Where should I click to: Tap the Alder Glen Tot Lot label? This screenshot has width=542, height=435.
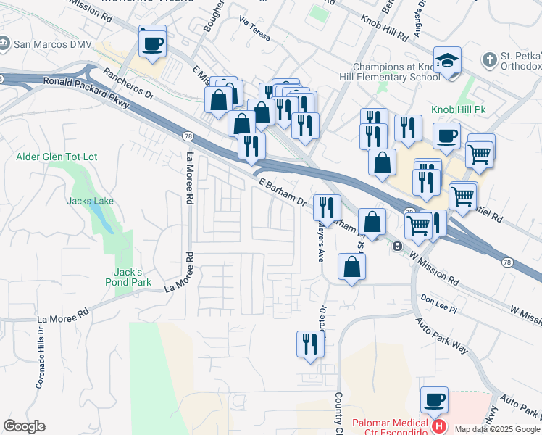(57, 157)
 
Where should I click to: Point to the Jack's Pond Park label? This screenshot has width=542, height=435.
(132, 277)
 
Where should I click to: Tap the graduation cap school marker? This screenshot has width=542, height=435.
(447, 60)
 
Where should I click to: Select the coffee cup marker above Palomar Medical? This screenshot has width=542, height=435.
(435, 399)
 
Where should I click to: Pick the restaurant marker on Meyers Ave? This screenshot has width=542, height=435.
(328, 207)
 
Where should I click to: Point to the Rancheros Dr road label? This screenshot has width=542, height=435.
(129, 84)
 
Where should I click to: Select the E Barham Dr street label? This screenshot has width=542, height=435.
(280, 192)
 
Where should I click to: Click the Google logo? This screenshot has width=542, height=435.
(24, 426)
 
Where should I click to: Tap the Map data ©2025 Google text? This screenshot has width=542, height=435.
(496, 428)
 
